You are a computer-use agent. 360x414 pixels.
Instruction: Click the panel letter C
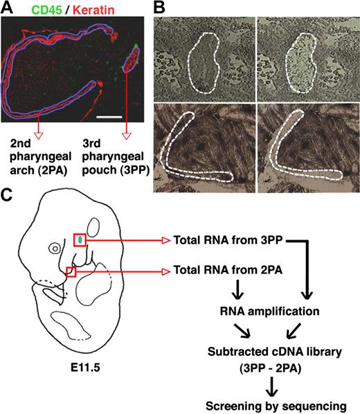pos(8,196)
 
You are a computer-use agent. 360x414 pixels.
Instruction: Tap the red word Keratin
pos(94,8)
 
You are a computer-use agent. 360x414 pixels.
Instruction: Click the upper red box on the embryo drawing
pos(81,240)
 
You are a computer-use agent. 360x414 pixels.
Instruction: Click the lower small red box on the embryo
pos(70,271)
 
